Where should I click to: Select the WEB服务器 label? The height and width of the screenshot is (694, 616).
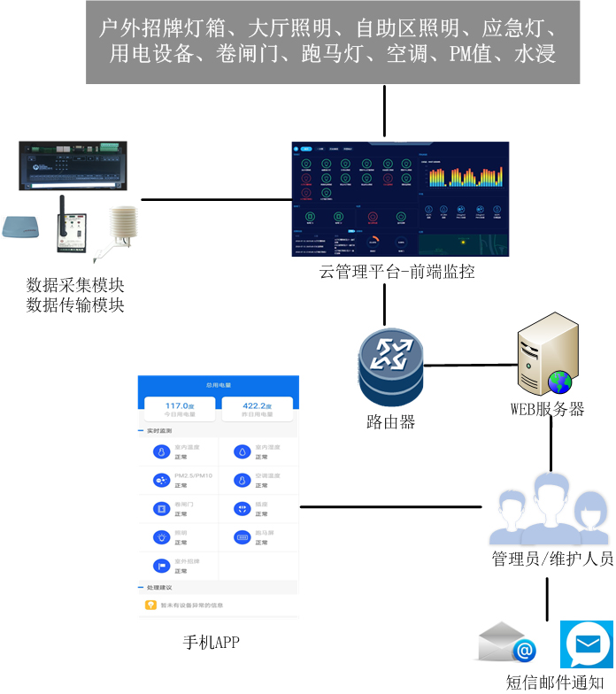point(547,409)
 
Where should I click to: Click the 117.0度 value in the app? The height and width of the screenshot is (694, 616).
point(180,406)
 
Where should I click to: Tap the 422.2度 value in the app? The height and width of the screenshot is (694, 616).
point(257,406)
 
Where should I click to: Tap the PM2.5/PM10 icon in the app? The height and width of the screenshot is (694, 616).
point(161,480)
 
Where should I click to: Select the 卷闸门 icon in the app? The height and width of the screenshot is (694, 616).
point(161,508)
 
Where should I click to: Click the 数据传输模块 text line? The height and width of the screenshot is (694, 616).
point(75,305)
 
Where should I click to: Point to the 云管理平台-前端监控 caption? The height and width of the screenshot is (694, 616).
point(397,272)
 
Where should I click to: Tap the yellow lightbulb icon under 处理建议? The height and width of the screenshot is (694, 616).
point(150,605)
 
